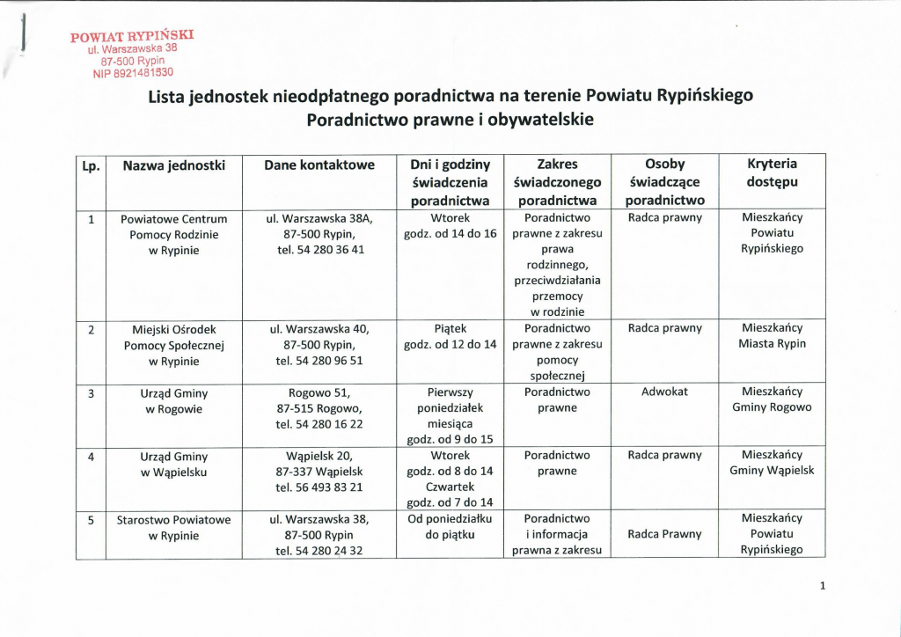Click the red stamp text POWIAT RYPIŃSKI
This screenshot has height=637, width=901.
[x=131, y=36]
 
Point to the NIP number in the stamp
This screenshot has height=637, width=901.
[x=133, y=74]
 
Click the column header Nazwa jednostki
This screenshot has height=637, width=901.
[x=173, y=165]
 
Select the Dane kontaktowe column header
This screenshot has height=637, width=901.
[x=319, y=165]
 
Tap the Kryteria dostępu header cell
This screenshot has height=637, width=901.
[x=772, y=173]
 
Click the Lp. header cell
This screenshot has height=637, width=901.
[x=91, y=165]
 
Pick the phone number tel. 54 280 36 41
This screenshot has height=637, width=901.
[x=319, y=249]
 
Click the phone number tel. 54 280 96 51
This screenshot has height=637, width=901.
[x=319, y=361]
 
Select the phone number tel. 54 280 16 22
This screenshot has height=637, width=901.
[x=319, y=423]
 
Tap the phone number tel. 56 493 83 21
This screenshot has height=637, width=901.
[x=319, y=487]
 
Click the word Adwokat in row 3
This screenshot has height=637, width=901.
[x=664, y=392]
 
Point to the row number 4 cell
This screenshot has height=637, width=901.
[x=91, y=456]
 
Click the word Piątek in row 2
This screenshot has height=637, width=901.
[x=450, y=328]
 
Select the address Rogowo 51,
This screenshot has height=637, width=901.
[x=319, y=392]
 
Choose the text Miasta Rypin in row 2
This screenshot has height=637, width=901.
[x=772, y=344]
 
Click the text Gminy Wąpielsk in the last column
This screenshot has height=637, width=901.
[x=772, y=471]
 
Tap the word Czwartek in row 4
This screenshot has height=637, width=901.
[x=450, y=487]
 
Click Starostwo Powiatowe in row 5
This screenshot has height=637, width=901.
[x=173, y=520]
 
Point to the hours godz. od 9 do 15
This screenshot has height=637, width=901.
[x=450, y=439]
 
